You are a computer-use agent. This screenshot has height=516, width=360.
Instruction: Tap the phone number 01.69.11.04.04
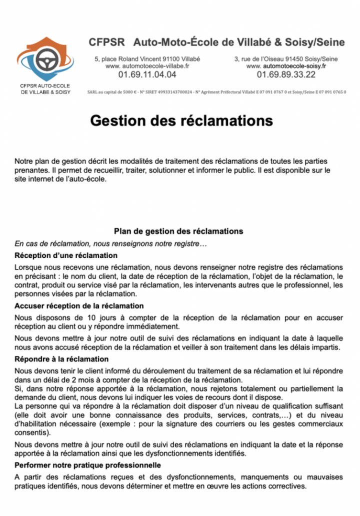(x=147, y=75)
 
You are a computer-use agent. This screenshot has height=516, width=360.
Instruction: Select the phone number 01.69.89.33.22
(x=286, y=75)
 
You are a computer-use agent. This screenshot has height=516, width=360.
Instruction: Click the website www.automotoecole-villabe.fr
(x=147, y=66)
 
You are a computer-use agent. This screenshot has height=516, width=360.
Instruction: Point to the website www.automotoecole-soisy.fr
(x=286, y=66)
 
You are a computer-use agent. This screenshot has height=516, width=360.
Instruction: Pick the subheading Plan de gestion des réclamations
(x=178, y=231)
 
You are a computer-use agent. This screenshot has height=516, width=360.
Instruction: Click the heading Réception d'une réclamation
(x=59, y=255)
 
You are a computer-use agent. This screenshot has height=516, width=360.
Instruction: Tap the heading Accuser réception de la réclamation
(x=79, y=305)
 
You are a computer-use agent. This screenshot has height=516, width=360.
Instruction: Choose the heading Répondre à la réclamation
(x=61, y=359)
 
